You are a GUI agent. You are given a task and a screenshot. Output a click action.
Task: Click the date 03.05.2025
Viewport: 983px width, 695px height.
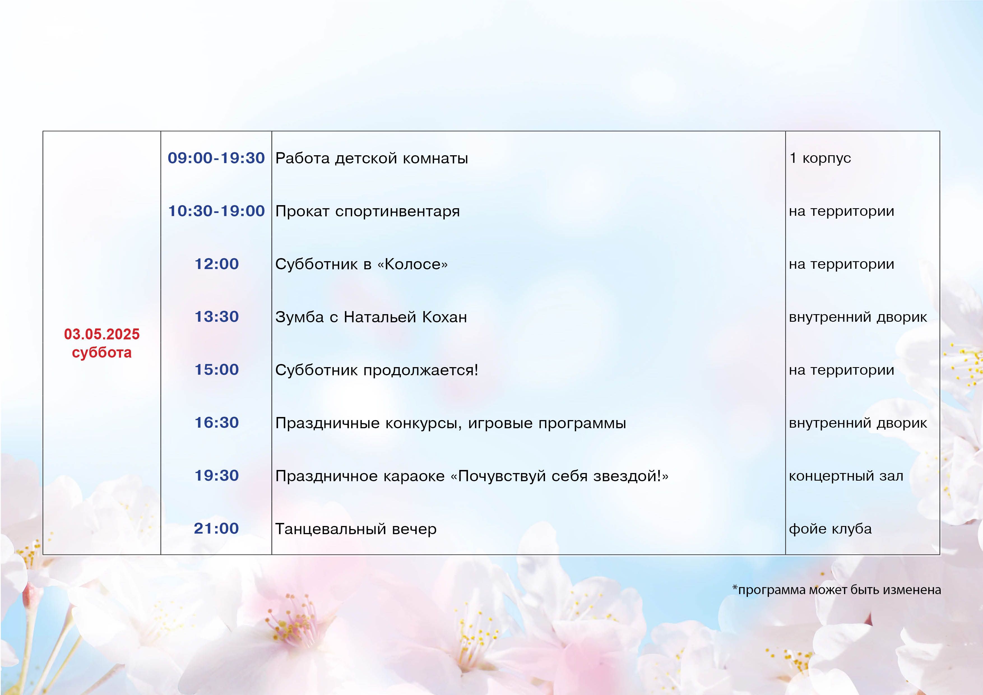[x=102, y=334]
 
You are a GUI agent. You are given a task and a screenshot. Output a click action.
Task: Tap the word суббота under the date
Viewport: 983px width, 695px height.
[x=102, y=353]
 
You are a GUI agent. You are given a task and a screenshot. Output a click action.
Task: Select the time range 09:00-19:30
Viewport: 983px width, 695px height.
[x=216, y=158]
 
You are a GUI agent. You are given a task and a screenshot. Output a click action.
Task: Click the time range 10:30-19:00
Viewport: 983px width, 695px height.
[x=216, y=211]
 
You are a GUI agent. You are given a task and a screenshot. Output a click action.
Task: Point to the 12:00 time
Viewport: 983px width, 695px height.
[x=216, y=264]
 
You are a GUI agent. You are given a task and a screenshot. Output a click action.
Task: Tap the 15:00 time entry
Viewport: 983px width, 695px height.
[x=216, y=370]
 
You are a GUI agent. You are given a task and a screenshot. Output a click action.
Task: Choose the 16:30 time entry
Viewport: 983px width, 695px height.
[x=216, y=423]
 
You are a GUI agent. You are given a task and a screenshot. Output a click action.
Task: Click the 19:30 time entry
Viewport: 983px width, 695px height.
[x=216, y=475]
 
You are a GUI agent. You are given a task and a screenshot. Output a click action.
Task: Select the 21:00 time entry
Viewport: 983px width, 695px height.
[x=216, y=529]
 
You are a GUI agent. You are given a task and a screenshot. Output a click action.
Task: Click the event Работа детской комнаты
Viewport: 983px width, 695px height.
[x=372, y=158]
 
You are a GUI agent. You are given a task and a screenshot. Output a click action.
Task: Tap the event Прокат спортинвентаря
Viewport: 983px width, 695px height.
[x=367, y=212]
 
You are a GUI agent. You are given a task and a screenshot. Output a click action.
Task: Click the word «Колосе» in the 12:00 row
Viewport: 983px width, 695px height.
[x=412, y=264]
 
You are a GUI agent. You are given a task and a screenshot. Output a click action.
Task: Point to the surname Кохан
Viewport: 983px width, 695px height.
[x=444, y=317]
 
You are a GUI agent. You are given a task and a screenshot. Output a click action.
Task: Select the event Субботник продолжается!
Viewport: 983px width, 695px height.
[x=376, y=370]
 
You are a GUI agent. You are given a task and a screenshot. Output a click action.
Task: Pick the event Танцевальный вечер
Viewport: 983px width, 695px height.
[x=356, y=529]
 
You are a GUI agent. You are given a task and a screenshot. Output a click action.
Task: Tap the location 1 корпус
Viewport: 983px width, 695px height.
[x=820, y=158]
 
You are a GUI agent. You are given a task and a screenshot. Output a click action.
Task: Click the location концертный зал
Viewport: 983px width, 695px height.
[x=846, y=476]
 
